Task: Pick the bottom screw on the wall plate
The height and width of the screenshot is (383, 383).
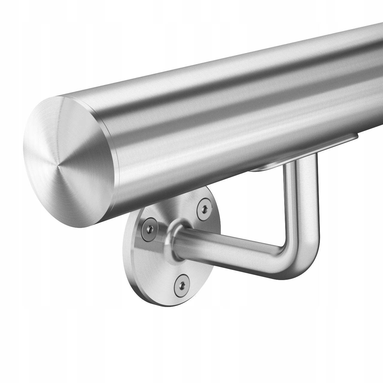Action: (181, 283)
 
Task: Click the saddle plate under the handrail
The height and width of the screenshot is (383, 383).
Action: (299, 153)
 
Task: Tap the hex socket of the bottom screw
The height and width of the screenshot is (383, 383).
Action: (181, 283)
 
